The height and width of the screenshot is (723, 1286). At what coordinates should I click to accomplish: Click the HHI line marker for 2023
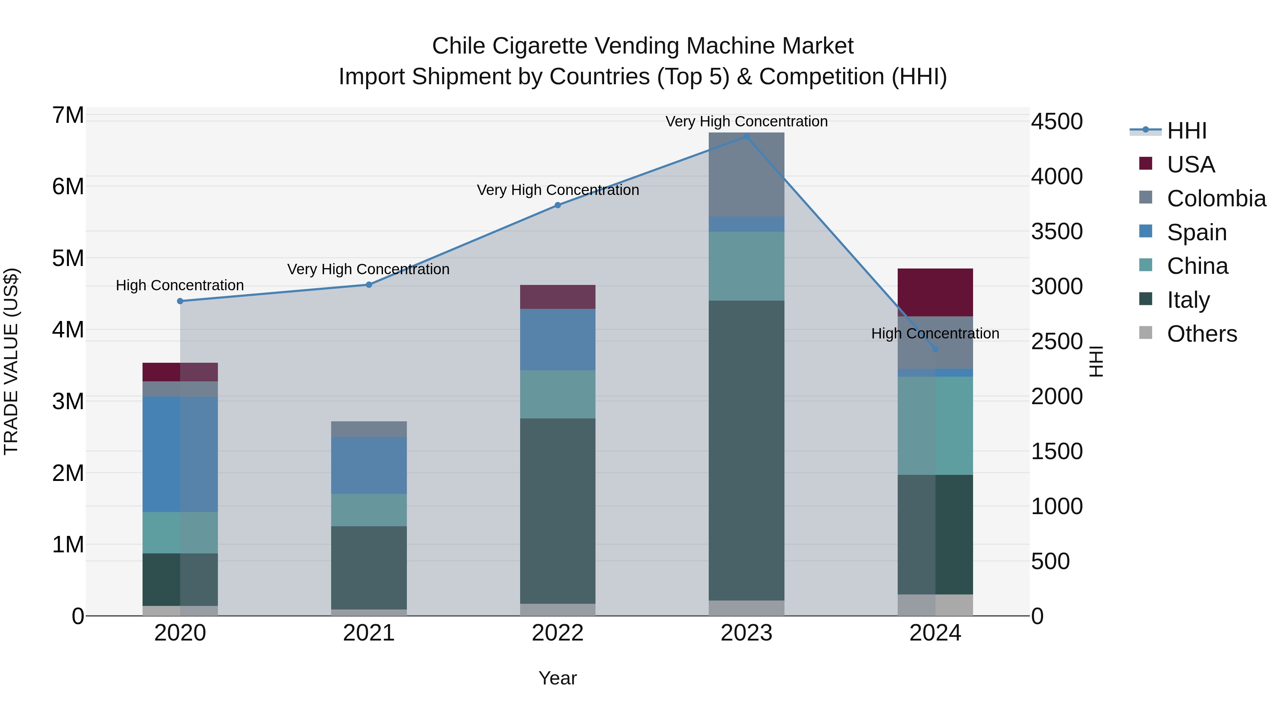(746, 136)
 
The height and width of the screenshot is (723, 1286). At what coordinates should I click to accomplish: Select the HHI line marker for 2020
(180, 301)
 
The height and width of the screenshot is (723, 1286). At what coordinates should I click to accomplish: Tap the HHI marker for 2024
(935, 349)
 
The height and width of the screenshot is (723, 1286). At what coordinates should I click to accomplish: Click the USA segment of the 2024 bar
(935, 292)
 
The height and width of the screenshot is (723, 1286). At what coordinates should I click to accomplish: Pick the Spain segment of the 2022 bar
(558, 339)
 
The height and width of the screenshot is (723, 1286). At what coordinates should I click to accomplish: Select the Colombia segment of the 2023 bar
(746, 175)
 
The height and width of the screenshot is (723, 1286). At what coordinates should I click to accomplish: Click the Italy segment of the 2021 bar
(369, 567)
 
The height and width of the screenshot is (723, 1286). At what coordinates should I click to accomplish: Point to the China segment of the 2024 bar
(935, 426)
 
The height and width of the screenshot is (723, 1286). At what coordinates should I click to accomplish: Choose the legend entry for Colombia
(1216, 199)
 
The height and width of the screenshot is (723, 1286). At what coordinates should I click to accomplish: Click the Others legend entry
(1202, 334)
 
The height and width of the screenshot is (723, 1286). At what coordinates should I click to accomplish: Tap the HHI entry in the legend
(1187, 131)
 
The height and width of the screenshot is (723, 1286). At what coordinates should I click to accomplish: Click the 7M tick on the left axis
(68, 115)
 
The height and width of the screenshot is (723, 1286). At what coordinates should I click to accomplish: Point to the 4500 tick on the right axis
(1057, 121)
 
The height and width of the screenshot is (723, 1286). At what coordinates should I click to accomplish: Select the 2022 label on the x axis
(558, 633)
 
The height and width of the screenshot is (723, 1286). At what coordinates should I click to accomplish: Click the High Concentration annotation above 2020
(180, 285)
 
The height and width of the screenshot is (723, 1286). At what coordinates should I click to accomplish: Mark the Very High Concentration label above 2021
(368, 270)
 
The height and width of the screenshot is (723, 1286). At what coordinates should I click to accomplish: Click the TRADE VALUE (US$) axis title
(11, 361)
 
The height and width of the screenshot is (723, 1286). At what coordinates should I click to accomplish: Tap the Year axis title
(558, 678)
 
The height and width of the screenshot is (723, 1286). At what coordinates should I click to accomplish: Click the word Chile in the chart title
(458, 46)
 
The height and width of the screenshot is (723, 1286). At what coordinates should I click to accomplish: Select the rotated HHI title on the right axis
(1096, 361)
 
